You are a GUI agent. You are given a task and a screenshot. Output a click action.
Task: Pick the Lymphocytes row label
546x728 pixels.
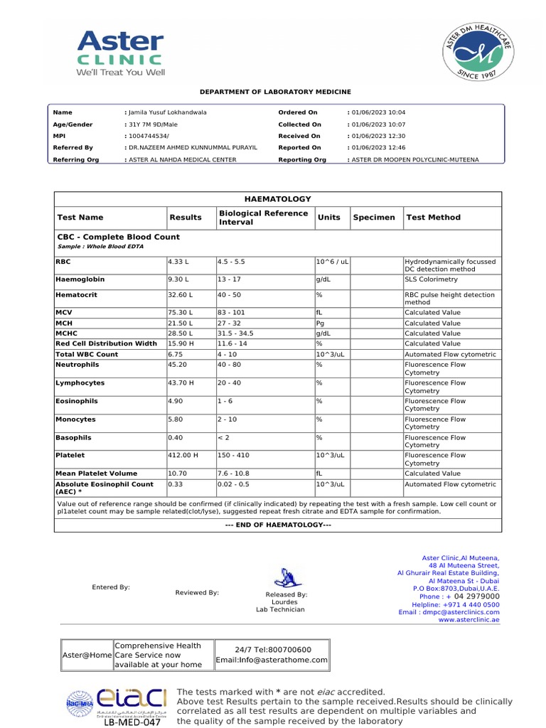[80, 383]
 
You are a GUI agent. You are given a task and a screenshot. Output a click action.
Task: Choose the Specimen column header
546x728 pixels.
[374, 218]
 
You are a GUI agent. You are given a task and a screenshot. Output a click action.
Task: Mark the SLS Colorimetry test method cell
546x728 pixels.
[432, 279]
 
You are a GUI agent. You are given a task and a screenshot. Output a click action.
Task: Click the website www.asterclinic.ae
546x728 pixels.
[469, 620]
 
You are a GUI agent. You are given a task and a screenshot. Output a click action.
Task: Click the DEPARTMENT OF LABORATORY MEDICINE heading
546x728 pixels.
[275, 92]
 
